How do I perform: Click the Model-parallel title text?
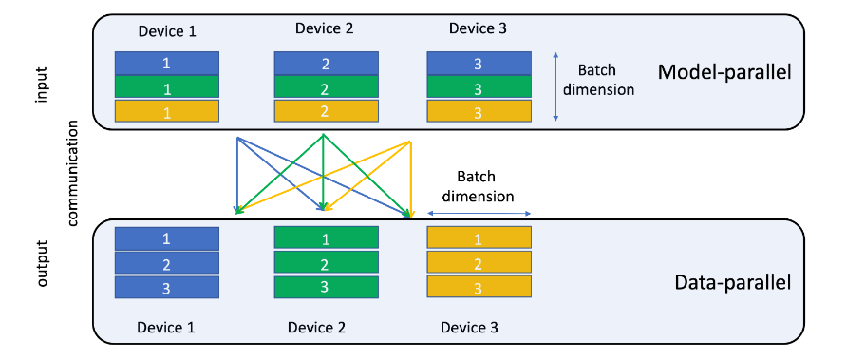724,72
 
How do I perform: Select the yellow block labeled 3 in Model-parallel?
479,111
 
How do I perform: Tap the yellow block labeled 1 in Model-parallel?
167,111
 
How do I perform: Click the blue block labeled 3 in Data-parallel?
167,288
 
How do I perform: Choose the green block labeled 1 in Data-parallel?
326,237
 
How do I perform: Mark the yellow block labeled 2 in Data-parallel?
479,263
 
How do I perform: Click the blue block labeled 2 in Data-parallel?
167,263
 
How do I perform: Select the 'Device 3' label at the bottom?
469,328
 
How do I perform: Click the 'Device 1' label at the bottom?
166,328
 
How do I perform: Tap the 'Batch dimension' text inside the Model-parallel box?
606,81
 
